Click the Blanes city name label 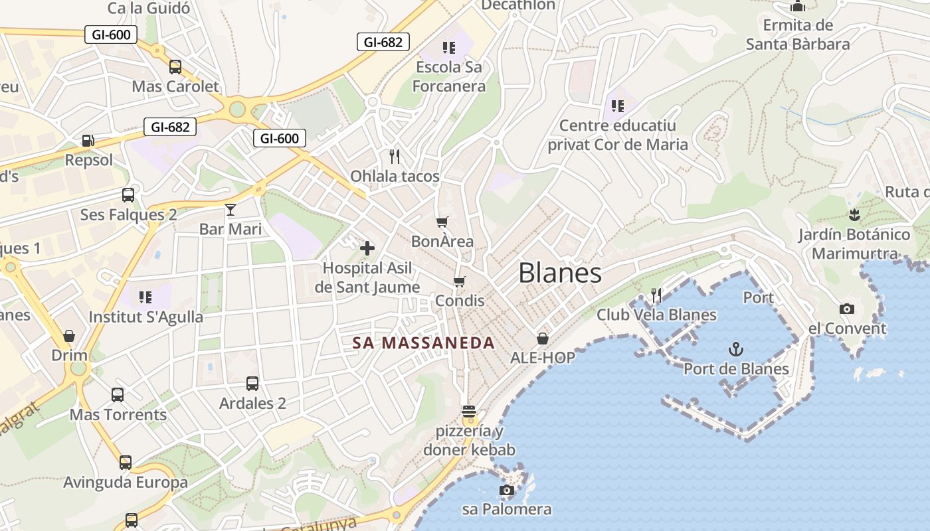[560, 273]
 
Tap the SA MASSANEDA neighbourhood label [424, 343]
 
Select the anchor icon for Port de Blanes [736, 349]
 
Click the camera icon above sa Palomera [507, 491]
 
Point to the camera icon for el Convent [847, 309]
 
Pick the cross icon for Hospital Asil [367, 248]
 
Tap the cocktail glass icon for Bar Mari [231, 210]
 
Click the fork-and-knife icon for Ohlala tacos [395, 157]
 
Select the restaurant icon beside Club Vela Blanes [656, 295]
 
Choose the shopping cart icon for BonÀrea [442, 222]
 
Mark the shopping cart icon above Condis [460, 281]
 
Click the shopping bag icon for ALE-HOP [543, 339]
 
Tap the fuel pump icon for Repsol [88, 141]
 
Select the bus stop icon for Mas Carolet [175, 67]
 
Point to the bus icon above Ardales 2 [252, 384]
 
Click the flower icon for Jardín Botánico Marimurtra [854, 215]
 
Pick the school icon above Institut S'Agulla [145, 297]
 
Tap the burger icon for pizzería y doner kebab [469, 412]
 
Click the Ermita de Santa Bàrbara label [798, 35]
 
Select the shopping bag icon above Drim [69, 336]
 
